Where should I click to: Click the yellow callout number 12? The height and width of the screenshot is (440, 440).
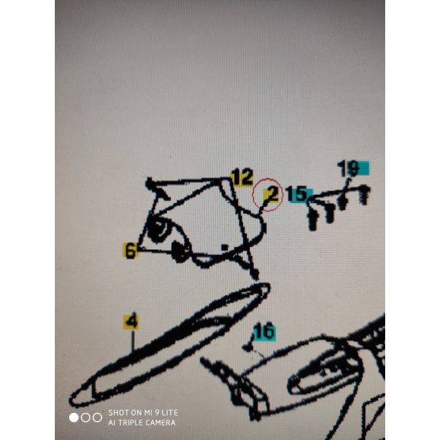242,177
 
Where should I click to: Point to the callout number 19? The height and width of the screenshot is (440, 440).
348,168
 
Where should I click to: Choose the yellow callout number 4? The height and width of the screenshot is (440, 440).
131,322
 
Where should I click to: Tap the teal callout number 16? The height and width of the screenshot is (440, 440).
264,331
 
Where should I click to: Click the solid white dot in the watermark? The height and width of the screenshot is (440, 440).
74,418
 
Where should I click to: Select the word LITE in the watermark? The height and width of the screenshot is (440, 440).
170,412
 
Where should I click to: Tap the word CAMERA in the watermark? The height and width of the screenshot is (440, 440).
162,422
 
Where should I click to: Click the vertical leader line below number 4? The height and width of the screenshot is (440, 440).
133,341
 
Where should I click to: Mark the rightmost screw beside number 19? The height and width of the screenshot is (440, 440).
364,194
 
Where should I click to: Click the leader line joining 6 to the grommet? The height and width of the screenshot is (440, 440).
155,250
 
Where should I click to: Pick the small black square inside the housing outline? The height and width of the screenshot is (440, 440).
225,247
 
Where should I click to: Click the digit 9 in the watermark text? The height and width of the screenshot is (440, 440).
158,412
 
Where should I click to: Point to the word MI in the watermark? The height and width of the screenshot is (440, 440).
148,412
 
